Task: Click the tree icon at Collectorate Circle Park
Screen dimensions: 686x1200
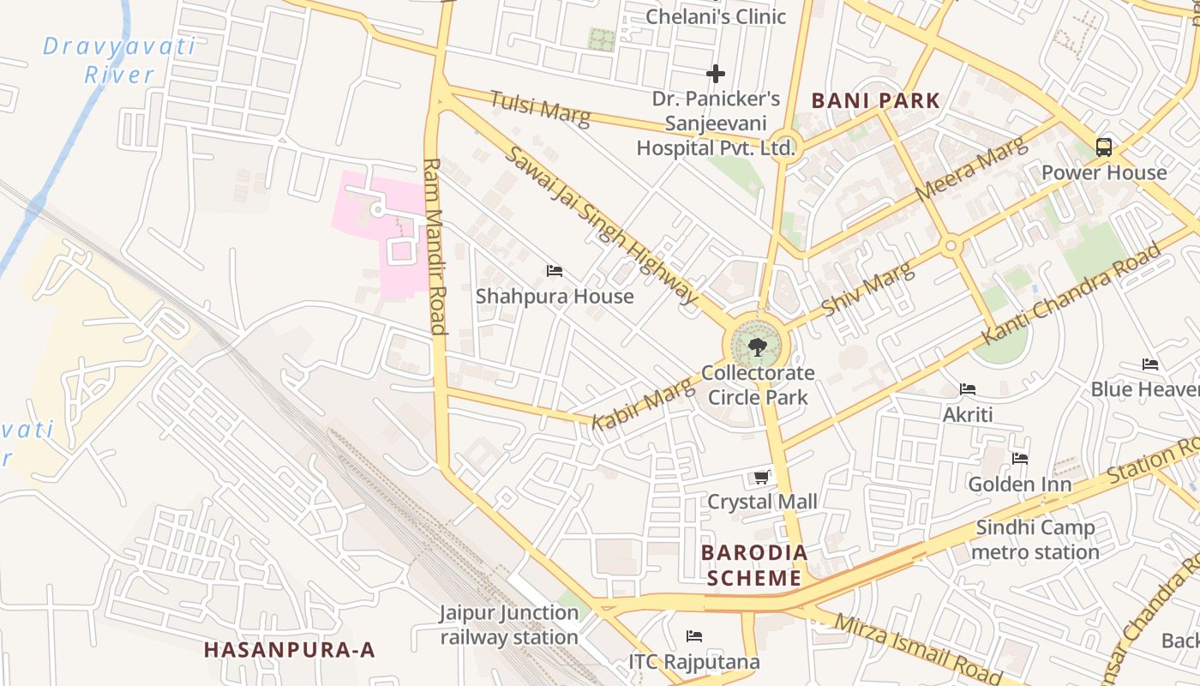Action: point(757,347)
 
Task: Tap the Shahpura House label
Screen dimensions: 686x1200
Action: point(555,297)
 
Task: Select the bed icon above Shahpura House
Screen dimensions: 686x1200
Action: point(555,271)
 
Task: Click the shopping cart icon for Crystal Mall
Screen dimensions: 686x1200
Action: point(761,478)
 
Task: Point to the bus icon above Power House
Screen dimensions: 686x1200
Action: point(1104,147)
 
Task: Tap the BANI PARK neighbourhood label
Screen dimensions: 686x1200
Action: point(876,100)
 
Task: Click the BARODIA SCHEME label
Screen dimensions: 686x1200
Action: point(754,565)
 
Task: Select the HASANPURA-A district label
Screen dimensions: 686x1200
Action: point(290,650)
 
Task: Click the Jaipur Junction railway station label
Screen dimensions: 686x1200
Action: point(509,625)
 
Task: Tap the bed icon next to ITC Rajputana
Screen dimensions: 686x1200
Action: point(694,636)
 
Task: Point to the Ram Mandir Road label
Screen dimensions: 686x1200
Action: point(435,246)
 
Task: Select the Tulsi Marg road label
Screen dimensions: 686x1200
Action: point(540,108)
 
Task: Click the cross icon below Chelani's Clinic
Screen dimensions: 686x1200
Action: point(715,74)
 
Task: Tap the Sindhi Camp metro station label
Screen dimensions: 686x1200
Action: point(1035,539)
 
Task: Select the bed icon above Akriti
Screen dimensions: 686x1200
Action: point(968,389)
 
